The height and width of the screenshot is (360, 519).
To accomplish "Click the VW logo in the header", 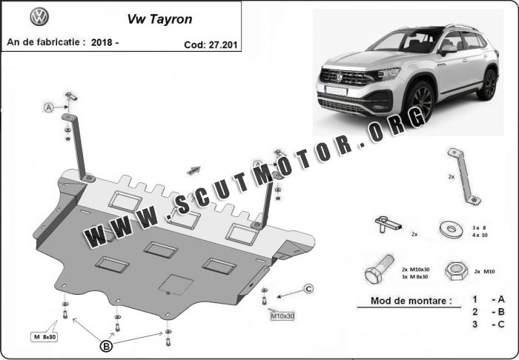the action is pos(39,17).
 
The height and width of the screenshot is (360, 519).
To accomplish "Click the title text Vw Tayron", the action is pos(159,19).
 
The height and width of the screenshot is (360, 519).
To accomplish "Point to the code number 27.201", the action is pos(222,44).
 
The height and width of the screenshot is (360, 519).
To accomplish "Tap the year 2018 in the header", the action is pos(102,42).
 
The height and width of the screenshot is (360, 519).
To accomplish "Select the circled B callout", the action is pos(106,347).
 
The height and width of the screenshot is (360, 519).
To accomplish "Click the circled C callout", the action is pos(308,289).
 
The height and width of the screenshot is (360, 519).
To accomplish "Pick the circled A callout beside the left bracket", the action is pos(49,107).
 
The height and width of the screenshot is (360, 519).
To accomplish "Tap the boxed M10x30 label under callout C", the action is pos(282,316).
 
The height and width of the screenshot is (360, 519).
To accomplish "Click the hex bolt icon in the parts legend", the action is pos(379,269).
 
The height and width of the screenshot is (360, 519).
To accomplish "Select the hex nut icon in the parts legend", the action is pos(456,271).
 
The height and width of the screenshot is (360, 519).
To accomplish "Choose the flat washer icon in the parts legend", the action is pos(452,230).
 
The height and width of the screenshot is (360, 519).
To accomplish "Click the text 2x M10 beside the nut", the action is pos(485,271).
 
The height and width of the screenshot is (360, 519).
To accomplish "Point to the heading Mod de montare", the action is pos(411,301).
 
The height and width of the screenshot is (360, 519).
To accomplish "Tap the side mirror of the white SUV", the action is pos(448,50).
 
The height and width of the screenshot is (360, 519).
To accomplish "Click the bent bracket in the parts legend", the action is pos(463,176).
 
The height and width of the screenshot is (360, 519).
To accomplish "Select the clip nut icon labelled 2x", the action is pos(387,224).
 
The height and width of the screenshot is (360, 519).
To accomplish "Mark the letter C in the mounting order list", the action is pos(500,324).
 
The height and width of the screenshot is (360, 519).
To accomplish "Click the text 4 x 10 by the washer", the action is pos(480,236).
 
